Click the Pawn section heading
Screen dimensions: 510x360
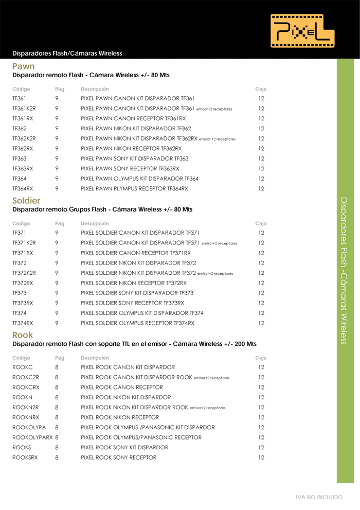pyautogui.click(x=24, y=66)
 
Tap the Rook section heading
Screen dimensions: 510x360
pyautogui.click(x=23, y=335)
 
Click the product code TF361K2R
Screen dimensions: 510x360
pyautogui.click(x=24, y=109)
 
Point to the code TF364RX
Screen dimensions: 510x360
pyautogui.click(x=23, y=189)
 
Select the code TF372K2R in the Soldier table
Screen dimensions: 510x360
pyautogui.click(x=24, y=273)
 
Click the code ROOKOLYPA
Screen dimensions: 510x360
pyautogui.click(x=29, y=428)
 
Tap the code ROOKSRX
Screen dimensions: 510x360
pyautogui.click(x=25, y=458)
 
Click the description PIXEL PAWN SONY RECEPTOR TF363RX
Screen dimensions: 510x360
pyautogui.click(x=130, y=169)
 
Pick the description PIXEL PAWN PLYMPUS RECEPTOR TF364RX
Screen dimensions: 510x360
pyautogui.click(x=134, y=189)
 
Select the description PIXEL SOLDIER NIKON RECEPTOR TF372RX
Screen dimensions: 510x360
pyautogui.click(x=134, y=283)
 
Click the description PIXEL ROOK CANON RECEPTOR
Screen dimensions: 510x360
pyautogui.click(x=122, y=387)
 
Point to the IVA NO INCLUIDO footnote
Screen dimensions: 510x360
pyautogui.click(x=319, y=498)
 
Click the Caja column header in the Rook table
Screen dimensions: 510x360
pyautogui.click(x=261, y=358)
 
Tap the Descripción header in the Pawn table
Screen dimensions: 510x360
pyautogui.click(x=95, y=89)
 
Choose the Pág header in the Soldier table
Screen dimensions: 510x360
pyautogui.click(x=59, y=223)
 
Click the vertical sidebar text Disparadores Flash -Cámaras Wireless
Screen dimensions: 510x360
pyautogui.click(x=345, y=270)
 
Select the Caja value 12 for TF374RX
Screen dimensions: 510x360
pyautogui.click(x=261, y=323)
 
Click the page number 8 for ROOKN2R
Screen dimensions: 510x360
pyautogui.click(x=57, y=408)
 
